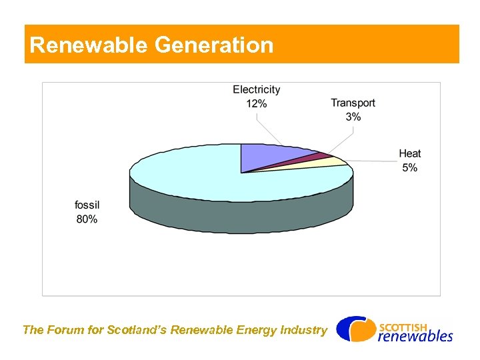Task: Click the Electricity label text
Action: click(x=257, y=89)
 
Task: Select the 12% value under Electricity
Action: click(x=257, y=103)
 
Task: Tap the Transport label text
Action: click(x=353, y=103)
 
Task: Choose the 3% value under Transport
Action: click(x=353, y=117)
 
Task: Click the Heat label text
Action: click(x=410, y=154)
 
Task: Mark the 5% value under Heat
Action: click(x=410, y=168)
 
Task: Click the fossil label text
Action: click(x=87, y=205)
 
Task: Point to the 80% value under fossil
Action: click(x=87, y=219)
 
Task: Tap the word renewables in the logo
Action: click(x=415, y=336)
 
